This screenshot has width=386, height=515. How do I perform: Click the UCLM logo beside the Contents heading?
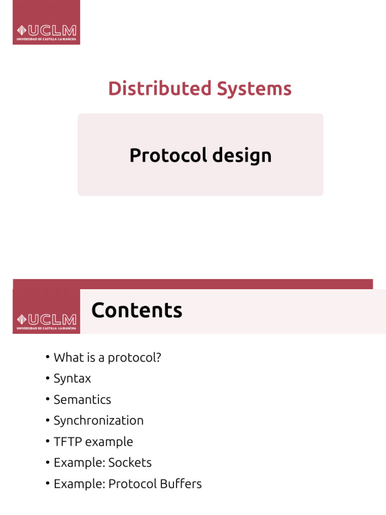pos(46,320)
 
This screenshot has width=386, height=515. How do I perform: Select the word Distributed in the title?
pos(160,89)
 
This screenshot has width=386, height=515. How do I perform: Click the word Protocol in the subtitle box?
pos(168,155)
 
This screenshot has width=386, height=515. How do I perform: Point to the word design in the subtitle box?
pos(242,155)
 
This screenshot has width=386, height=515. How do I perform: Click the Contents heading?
pos(137,310)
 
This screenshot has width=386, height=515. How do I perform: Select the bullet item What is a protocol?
pos(107,358)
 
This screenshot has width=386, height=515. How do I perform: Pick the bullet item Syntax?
pos(72,379)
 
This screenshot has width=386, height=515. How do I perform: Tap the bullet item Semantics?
pos(82,399)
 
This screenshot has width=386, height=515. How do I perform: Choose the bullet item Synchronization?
pos(99,420)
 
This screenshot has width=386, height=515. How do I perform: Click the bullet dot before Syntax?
pos(47,378)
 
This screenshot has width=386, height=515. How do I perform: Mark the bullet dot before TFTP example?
pos(47,442)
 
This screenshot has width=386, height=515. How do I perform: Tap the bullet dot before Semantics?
pos(47,399)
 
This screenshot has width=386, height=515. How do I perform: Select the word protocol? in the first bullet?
pos(136,358)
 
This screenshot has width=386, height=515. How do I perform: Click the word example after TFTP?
pos(109,442)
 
